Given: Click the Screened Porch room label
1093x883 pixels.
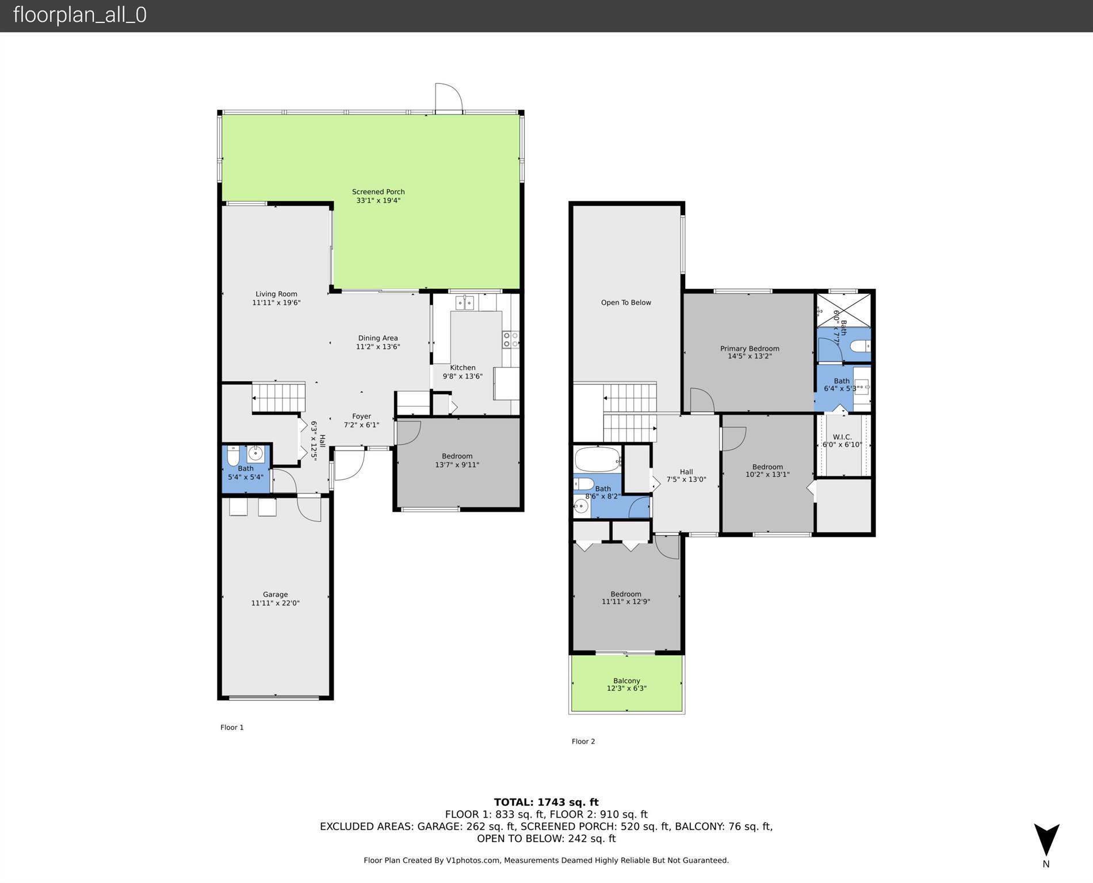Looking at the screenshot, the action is [x=379, y=192].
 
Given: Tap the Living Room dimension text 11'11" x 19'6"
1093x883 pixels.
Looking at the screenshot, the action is [x=276, y=303].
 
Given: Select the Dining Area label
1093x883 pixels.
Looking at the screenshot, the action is [x=378, y=338].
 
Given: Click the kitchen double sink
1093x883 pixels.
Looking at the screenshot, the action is [x=465, y=303].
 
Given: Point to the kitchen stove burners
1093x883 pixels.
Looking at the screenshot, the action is [x=511, y=339].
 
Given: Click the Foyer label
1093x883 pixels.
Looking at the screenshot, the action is [x=361, y=416].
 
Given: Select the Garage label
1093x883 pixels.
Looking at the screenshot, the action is [x=275, y=594].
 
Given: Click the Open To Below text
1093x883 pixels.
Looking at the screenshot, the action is [x=626, y=303].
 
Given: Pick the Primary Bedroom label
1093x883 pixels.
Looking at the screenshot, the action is [x=750, y=348].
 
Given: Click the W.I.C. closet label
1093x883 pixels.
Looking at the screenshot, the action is [x=842, y=437].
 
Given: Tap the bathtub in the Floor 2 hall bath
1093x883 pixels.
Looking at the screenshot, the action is [x=598, y=460].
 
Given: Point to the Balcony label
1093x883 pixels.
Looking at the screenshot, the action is [x=626, y=681].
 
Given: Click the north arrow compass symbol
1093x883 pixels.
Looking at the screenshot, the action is [x=1046, y=840].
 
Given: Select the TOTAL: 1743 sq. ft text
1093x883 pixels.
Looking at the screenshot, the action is [x=546, y=802].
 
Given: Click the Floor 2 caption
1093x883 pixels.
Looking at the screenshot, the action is [x=583, y=741].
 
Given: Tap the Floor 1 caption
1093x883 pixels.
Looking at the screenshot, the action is [x=232, y=728].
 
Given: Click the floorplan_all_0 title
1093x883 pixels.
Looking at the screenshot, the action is [x=80, y=15].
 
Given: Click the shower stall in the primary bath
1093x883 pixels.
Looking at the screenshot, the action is [x=844, y=310].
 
